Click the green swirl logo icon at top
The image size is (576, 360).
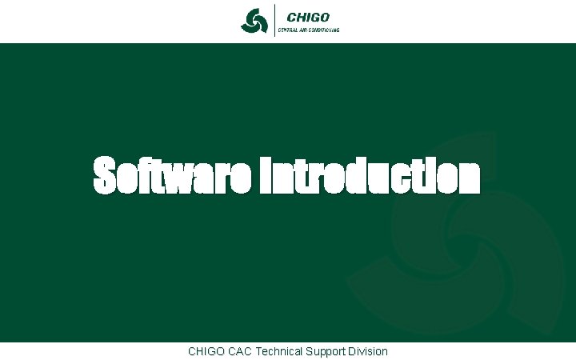254,21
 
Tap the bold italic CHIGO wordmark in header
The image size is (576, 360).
308,16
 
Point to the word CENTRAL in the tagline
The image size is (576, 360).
288,30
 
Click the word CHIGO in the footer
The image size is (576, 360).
206,351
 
